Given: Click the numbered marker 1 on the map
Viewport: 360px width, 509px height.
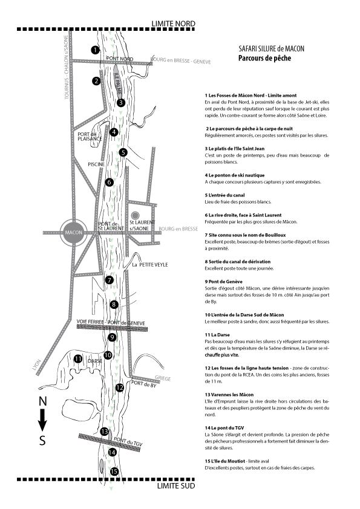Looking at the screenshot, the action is tap(95, 50).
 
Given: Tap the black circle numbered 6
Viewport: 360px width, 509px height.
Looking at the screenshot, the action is tap(109, 182).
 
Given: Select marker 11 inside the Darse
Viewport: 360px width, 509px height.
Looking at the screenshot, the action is tap(78, 358).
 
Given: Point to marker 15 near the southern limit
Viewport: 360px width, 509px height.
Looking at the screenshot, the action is tap(114, 472).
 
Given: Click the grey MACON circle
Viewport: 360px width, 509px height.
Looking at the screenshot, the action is tap(74, 232).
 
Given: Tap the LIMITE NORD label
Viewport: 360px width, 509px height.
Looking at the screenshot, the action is tap(173, 24).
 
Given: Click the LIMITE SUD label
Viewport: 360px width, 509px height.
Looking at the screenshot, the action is tap(176, 485).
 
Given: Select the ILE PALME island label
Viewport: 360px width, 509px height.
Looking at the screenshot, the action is tap(117, 83).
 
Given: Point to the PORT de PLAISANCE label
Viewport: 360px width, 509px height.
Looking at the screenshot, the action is tap(90, 137).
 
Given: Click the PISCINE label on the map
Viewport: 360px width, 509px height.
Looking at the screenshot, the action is tap(96, 164).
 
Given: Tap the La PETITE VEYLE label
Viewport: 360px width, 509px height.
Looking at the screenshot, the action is tap(150, 265).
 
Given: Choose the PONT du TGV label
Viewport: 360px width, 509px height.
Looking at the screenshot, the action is tap(128, 442).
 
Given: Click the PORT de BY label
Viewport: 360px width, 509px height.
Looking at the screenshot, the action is tap(143, 384).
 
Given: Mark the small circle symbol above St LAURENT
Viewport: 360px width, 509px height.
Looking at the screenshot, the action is tap(135, 215).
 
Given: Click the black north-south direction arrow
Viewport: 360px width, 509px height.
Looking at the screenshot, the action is tap(42, 420).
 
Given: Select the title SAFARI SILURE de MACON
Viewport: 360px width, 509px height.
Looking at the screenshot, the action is tap(271, 49).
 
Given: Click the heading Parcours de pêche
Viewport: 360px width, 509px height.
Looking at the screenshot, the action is tap(264, 58).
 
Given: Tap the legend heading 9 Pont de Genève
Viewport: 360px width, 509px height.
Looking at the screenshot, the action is tap(223, 282).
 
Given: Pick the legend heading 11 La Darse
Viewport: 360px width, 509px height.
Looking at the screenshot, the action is tap(217, 335).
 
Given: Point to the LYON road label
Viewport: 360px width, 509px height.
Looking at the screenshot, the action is tap(36, 365).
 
